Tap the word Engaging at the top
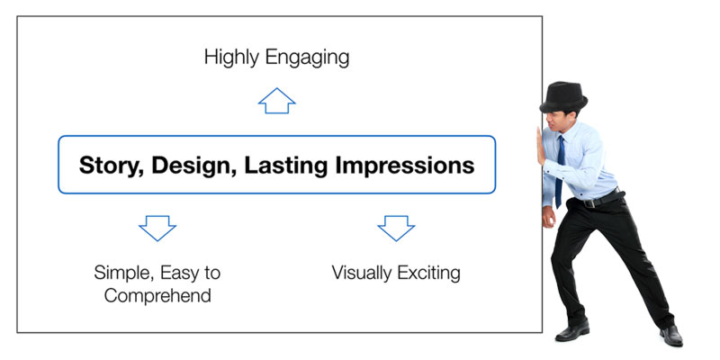(307, 58)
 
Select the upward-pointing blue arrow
(277, 101)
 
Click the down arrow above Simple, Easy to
(157, 228)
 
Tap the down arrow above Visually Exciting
(396, 228)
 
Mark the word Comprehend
(157, 295)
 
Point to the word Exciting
(428, 274)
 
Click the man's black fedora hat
(563, 97)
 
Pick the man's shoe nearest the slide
(572, 331)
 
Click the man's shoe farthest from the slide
(671, 336)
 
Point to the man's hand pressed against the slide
(541, 146)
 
